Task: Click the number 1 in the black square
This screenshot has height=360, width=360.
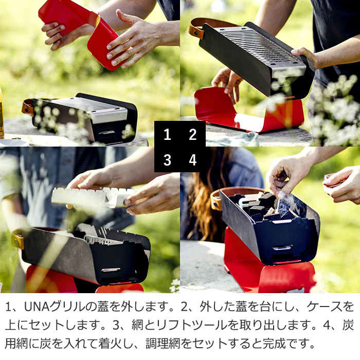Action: click(x=167, y=135)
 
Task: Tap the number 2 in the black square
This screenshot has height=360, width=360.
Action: click(x=193, y=135)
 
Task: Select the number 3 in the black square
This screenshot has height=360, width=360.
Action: click(x=167, y=160)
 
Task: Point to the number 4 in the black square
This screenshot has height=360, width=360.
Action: click(x=193, y=160)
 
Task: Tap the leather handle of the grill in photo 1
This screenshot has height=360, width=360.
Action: click(x=27, y=106)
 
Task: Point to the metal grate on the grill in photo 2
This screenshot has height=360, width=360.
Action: click(x=257, y=46)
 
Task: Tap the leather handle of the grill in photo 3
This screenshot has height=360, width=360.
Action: click(x=19, y=240)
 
